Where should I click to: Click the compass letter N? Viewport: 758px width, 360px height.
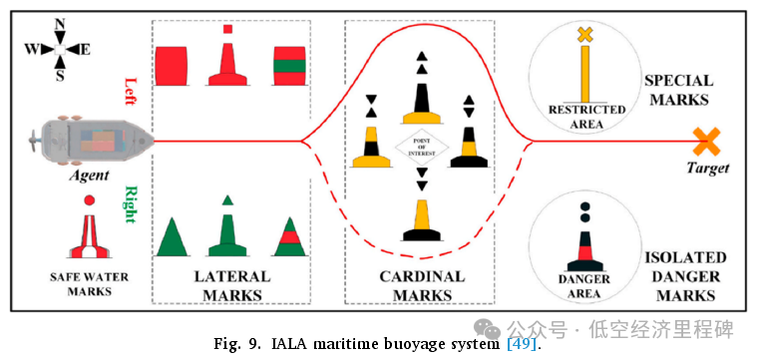[60, 23]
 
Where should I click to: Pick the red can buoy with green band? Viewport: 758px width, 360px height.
[289, 65]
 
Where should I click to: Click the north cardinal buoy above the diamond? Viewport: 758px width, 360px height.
[424, 95]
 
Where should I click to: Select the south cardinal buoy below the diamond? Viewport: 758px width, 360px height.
[423, 214]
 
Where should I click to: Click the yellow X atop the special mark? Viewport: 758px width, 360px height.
[585, 35]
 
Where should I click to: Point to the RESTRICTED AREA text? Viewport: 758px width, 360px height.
[586, 115]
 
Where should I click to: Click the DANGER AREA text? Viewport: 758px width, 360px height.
[586, 284]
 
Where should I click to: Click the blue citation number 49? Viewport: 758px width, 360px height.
[522, 344]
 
